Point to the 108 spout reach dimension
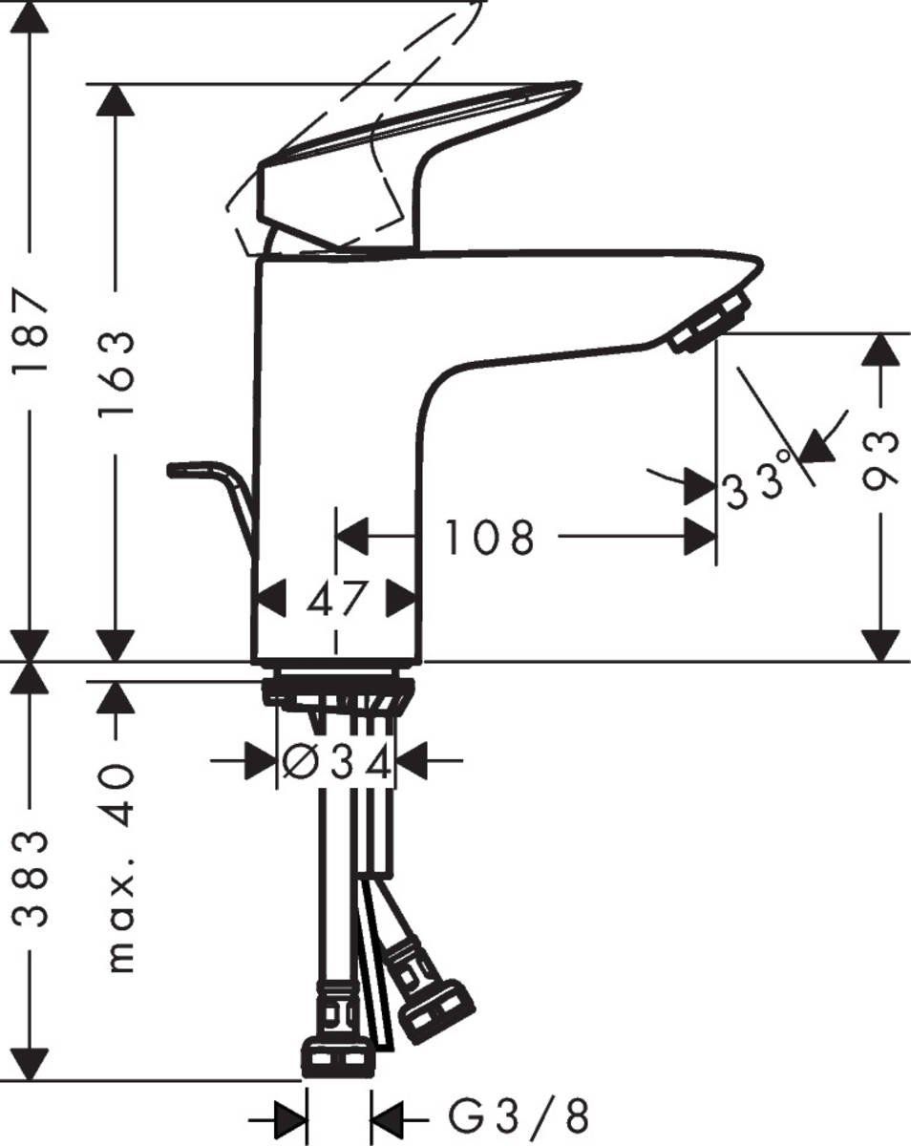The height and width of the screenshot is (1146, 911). pyautogui.click(x=488, y=539)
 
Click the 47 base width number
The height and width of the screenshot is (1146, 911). pyautogui.click(x=336, y=600)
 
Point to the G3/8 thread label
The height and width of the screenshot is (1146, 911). pyautogui.click(x=520, y=1114)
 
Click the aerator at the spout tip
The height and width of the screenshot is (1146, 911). pyautogui.click(x=708, y=324)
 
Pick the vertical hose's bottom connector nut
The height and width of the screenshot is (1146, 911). pyautogui.click(x=337, y=1057)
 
